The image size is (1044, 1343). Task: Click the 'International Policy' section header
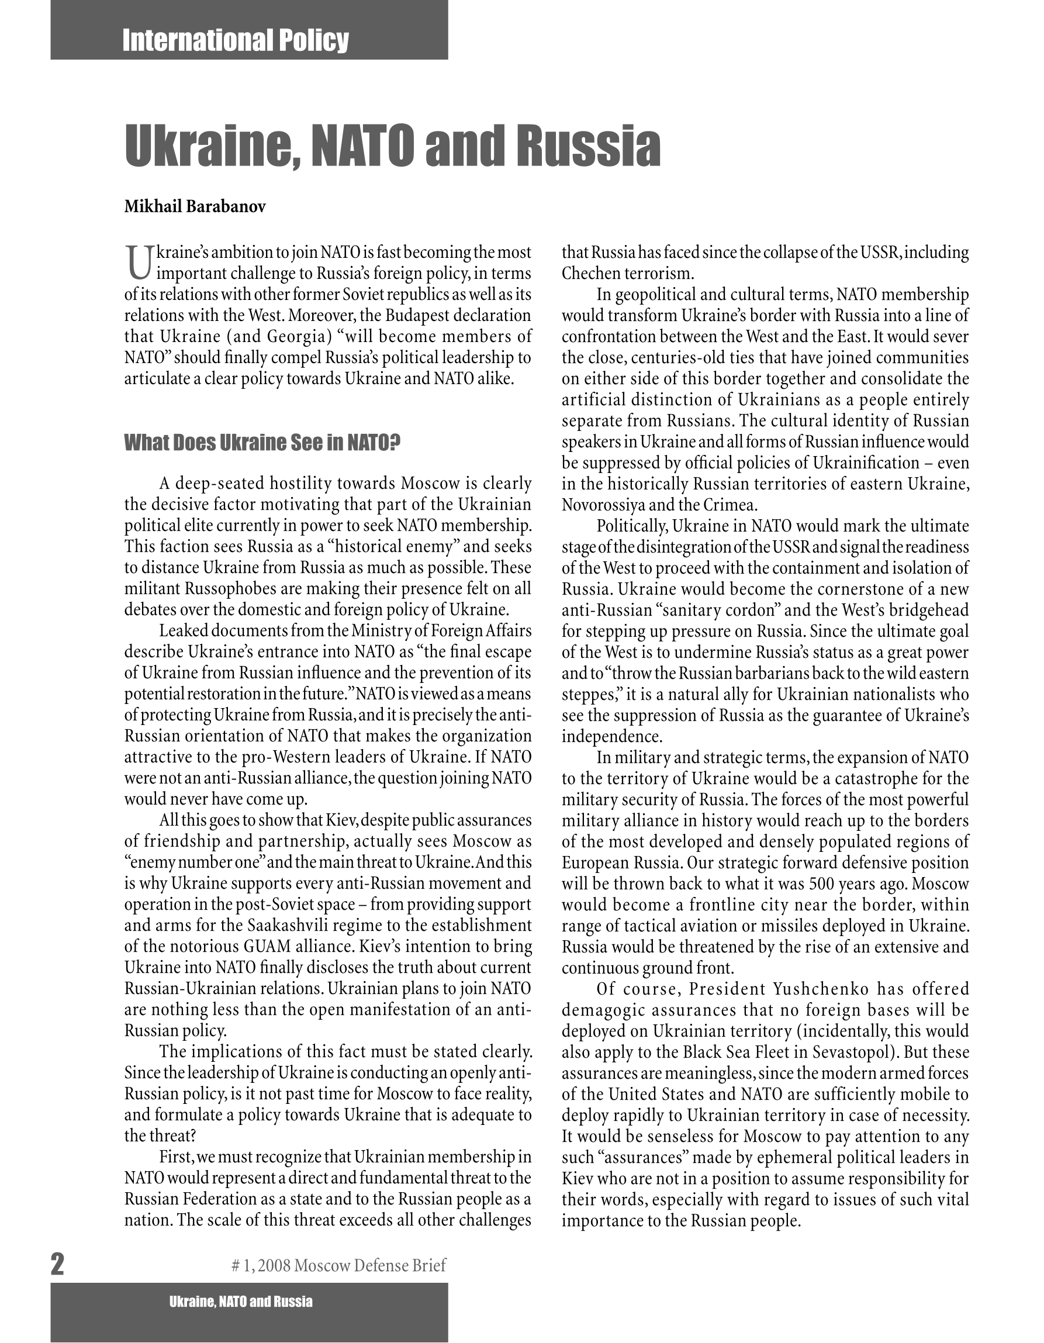tap(235, 40)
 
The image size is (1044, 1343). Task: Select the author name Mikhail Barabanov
tap(195, 206)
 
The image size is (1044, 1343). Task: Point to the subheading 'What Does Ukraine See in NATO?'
tap(262, 442)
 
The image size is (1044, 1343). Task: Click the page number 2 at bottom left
tap(57, 1264)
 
